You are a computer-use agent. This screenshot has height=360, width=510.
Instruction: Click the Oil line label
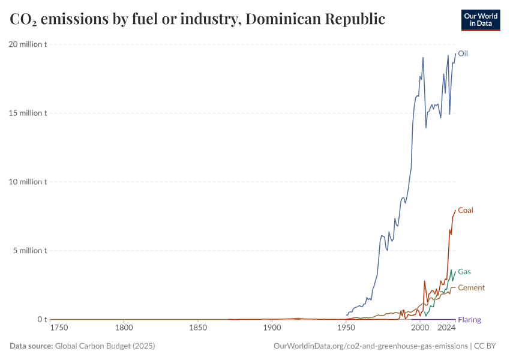pos(463,53)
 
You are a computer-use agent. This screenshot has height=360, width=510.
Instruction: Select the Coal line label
pos(466,211)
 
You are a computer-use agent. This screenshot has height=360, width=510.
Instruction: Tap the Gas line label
pos(464,272)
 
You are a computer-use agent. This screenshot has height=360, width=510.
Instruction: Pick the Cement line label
pos(471,288)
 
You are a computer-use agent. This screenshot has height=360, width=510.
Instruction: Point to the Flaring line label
pos(469,320)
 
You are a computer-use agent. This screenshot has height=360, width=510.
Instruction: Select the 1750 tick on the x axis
pos(59,329)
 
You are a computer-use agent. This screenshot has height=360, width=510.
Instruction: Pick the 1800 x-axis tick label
pos(124,329)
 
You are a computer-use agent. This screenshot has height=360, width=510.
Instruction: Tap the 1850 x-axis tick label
pos(198,329)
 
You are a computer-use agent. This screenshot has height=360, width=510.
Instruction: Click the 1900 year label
pos(272,329)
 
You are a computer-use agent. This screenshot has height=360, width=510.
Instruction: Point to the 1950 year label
pos(346,329)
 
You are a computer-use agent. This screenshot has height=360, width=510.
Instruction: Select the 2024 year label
pos(447,329)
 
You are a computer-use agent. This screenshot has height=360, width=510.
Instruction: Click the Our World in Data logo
pos(480,20)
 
